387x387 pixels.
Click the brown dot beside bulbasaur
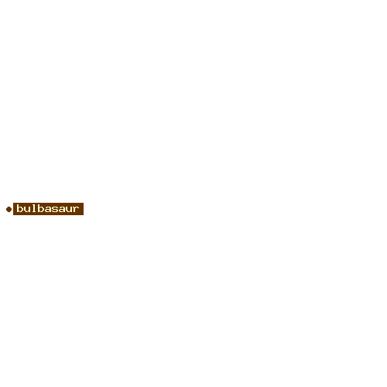click(9, 209)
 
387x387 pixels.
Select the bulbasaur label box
click(48, 209)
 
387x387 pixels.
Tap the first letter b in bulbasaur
click(20, 208)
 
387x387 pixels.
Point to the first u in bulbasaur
click(27, 209)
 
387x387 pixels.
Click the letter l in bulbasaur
click(34, 208)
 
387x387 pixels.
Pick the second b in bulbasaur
click(41, 208)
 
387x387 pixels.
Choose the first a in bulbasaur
click(48, 209)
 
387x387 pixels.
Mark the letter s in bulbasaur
click(55, 209)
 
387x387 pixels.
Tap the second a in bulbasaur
click(62, 209)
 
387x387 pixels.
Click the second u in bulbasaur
click(69, 209)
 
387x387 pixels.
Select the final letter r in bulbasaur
click(76, 209)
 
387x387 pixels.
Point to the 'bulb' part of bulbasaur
click(30, 208)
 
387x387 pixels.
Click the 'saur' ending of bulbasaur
click(65, 209)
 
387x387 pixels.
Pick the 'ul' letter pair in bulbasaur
click(30, 208)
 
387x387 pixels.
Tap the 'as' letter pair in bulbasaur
click(51, 209)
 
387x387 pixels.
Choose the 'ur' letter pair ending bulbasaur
click(72, 209)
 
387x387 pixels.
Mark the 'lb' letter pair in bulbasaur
click(38, 208)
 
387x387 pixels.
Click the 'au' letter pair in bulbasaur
click(65, 209)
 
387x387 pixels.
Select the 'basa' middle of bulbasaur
click(51, 208)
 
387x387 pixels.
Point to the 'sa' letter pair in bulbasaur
click(58, 209)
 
